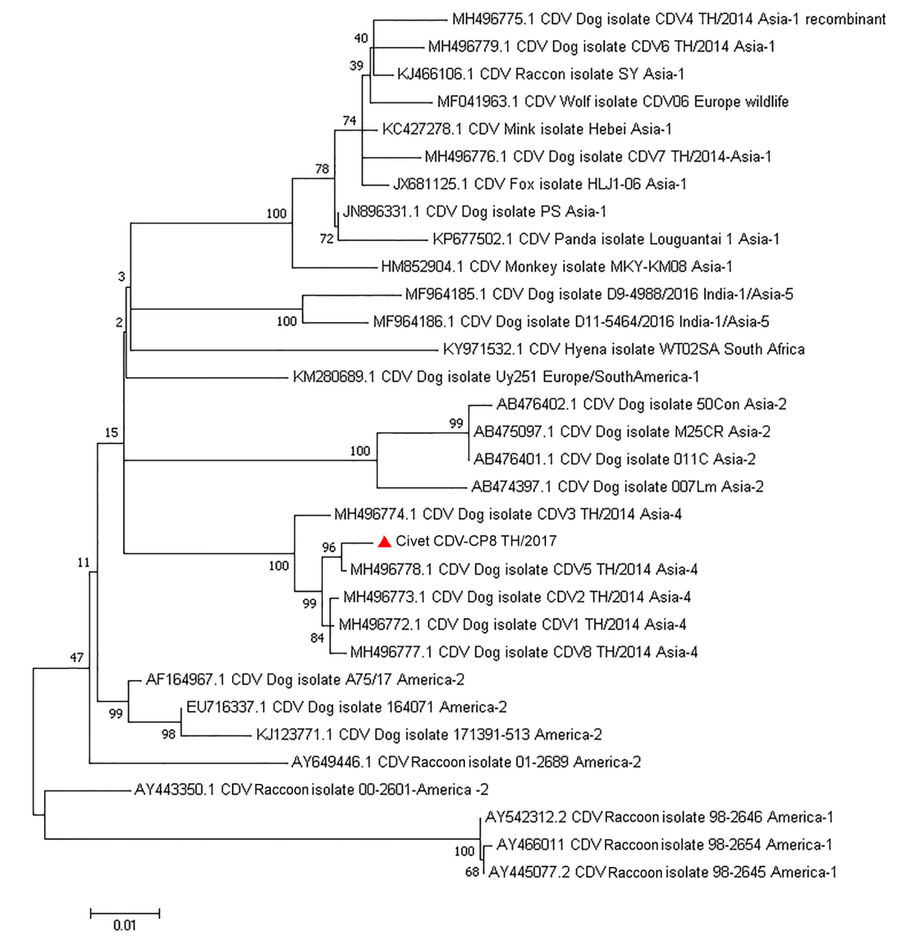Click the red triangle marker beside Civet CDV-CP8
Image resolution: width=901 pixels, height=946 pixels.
384,542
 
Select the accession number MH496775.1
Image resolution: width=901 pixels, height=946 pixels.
493,19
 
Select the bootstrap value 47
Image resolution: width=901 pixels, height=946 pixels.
77,657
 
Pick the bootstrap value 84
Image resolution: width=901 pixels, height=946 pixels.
317,638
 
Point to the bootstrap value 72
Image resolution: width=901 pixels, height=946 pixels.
326,239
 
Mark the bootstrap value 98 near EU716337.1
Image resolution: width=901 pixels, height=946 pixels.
169,734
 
